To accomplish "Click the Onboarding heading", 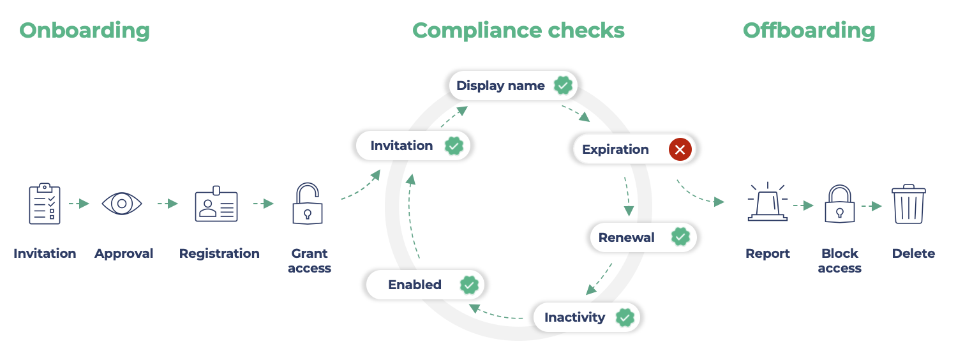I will [x=84, y=31].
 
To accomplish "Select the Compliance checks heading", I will [x=518, y=31].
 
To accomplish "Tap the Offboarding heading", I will [x=809, y=31].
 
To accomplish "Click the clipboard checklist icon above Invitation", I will [x=45, y=204].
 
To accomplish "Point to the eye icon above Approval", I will [x=122, y=204].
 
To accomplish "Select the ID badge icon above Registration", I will [x=216, y=204].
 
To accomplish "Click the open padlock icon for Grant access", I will [x=308, y=204].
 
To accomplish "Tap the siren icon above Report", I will [x=767, y=204].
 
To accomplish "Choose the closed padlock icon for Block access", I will [x=839, y=204].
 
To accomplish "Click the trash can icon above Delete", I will [x=909, y=204].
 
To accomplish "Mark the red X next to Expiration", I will [x=680, y=150].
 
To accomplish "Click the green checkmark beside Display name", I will [x=562, y=86].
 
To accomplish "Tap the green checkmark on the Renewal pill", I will [x=680, y=237].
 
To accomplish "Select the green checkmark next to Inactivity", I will [x=625, y=317].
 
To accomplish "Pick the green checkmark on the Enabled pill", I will [x=469, y=285].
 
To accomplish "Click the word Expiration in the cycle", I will [x=615, y=149].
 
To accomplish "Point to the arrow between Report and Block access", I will [x=803, y=206].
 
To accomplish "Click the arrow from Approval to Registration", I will [x=168, y=204].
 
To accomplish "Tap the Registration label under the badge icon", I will [x=219, y=253].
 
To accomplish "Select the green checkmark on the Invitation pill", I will [x=454, y=146].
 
